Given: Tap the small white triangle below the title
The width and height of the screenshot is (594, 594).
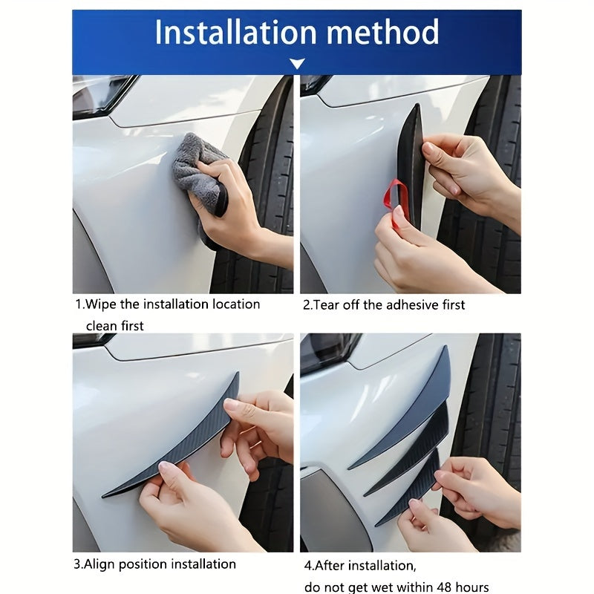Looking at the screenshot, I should tap(297, 65).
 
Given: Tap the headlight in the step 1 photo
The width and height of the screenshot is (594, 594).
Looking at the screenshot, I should tap(100, 94).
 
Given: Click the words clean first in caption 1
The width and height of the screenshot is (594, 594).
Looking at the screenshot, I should tap(114, 325).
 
